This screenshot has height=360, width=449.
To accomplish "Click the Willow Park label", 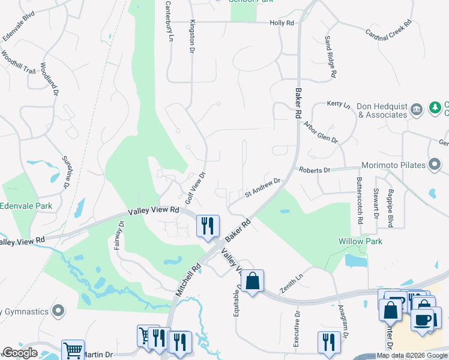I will [360, 241].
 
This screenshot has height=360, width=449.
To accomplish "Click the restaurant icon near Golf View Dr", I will [208, 226].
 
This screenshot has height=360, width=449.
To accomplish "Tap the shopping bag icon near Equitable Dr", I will [253, 280].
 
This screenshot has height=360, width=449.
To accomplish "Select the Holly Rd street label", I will [282, 23].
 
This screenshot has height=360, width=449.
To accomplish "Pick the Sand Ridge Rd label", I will [330, 58].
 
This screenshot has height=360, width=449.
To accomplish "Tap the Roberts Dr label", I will [315, 170].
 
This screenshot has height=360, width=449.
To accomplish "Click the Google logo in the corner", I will [20, 353].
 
